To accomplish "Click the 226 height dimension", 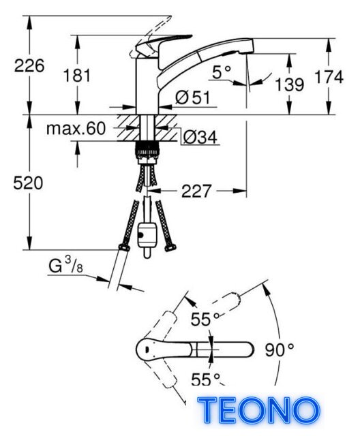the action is (29, 66).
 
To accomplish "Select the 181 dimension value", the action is (77, 76).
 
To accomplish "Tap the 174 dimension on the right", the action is (329, 77).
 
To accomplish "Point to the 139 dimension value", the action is (289, 84).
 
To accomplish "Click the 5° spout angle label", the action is (222, 72).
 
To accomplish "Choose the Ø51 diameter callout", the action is (193, 97).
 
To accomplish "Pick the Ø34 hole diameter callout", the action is (200, 137).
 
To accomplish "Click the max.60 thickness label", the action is (76, 129).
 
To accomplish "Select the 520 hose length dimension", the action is (28, 183).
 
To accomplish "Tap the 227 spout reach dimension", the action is (196, 191).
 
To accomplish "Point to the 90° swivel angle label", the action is (280, 349).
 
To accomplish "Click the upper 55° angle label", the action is (205, 319).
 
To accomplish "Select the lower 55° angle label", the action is (206, 379).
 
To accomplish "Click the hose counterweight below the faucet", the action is (147, 236).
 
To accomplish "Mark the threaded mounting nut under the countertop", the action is (147, 151).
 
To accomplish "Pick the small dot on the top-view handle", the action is (146, 348).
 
